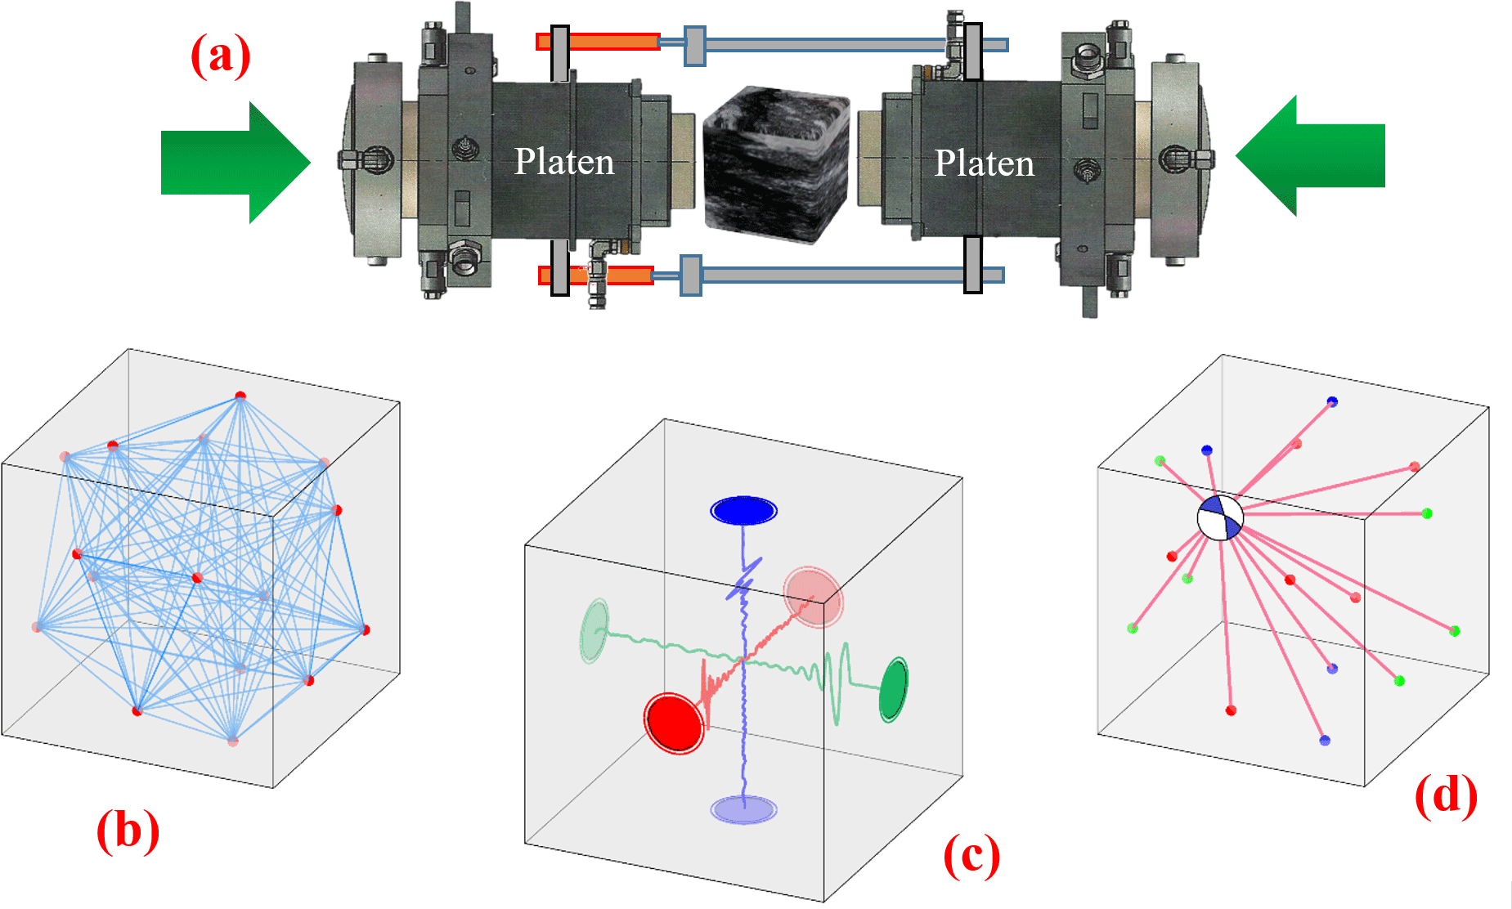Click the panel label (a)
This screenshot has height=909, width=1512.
tap(220, 56)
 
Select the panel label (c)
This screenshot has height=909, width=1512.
tap(971, 855)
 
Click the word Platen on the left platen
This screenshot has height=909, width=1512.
tap(564, 162)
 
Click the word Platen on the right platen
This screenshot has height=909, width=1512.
tap(984, 163)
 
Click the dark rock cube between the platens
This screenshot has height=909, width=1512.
tap(775, 163)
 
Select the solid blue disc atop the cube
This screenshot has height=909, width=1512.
tap(743, 511)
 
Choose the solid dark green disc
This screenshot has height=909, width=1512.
tap(893, 689)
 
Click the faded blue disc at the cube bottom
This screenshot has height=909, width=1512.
tap(743, 809)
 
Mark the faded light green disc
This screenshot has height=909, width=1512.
tap(594, 630)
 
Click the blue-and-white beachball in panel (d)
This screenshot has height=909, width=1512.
tap(1220, 517)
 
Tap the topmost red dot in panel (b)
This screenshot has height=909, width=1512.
tap(240, 396)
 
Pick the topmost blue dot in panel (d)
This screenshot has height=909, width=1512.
tap(1332, 401)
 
